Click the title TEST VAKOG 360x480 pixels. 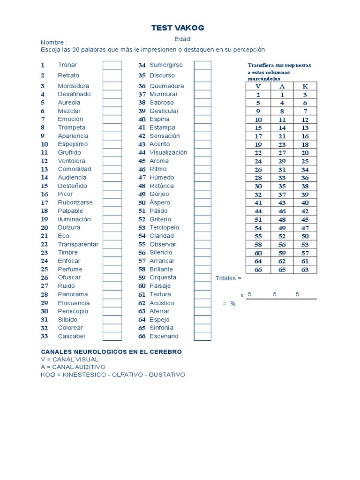click(x=178, y=28)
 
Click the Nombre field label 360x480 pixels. click(x=54, y=42)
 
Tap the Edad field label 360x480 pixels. click(x=183, y=39)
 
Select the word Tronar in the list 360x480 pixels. click(x=67, y=65)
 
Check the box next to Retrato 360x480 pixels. click(x=112, y=75)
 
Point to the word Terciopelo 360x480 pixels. click(x=164, y=227)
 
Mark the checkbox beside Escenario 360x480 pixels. click(x=202, y=336)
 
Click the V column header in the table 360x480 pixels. click(x=258, y=86)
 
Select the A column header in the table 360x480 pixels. click(x=282, y=86)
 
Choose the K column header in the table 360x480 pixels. click(x=305, y=86)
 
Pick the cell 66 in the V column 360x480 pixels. click(x=258, y=270)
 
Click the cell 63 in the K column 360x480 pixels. click(x=305, y=270)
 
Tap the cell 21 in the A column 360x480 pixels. click(x=282, y=136)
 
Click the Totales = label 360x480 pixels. click(x=228, y=278)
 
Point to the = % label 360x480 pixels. click(x=229, y=304)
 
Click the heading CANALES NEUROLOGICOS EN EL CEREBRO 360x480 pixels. click(x=112, y=352)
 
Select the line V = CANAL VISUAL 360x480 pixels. click(x=70, y=359)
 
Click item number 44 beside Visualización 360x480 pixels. click(x=142, y=152)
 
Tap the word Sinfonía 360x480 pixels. click(x=161, y=328)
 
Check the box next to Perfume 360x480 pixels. click(x=112, y=269)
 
